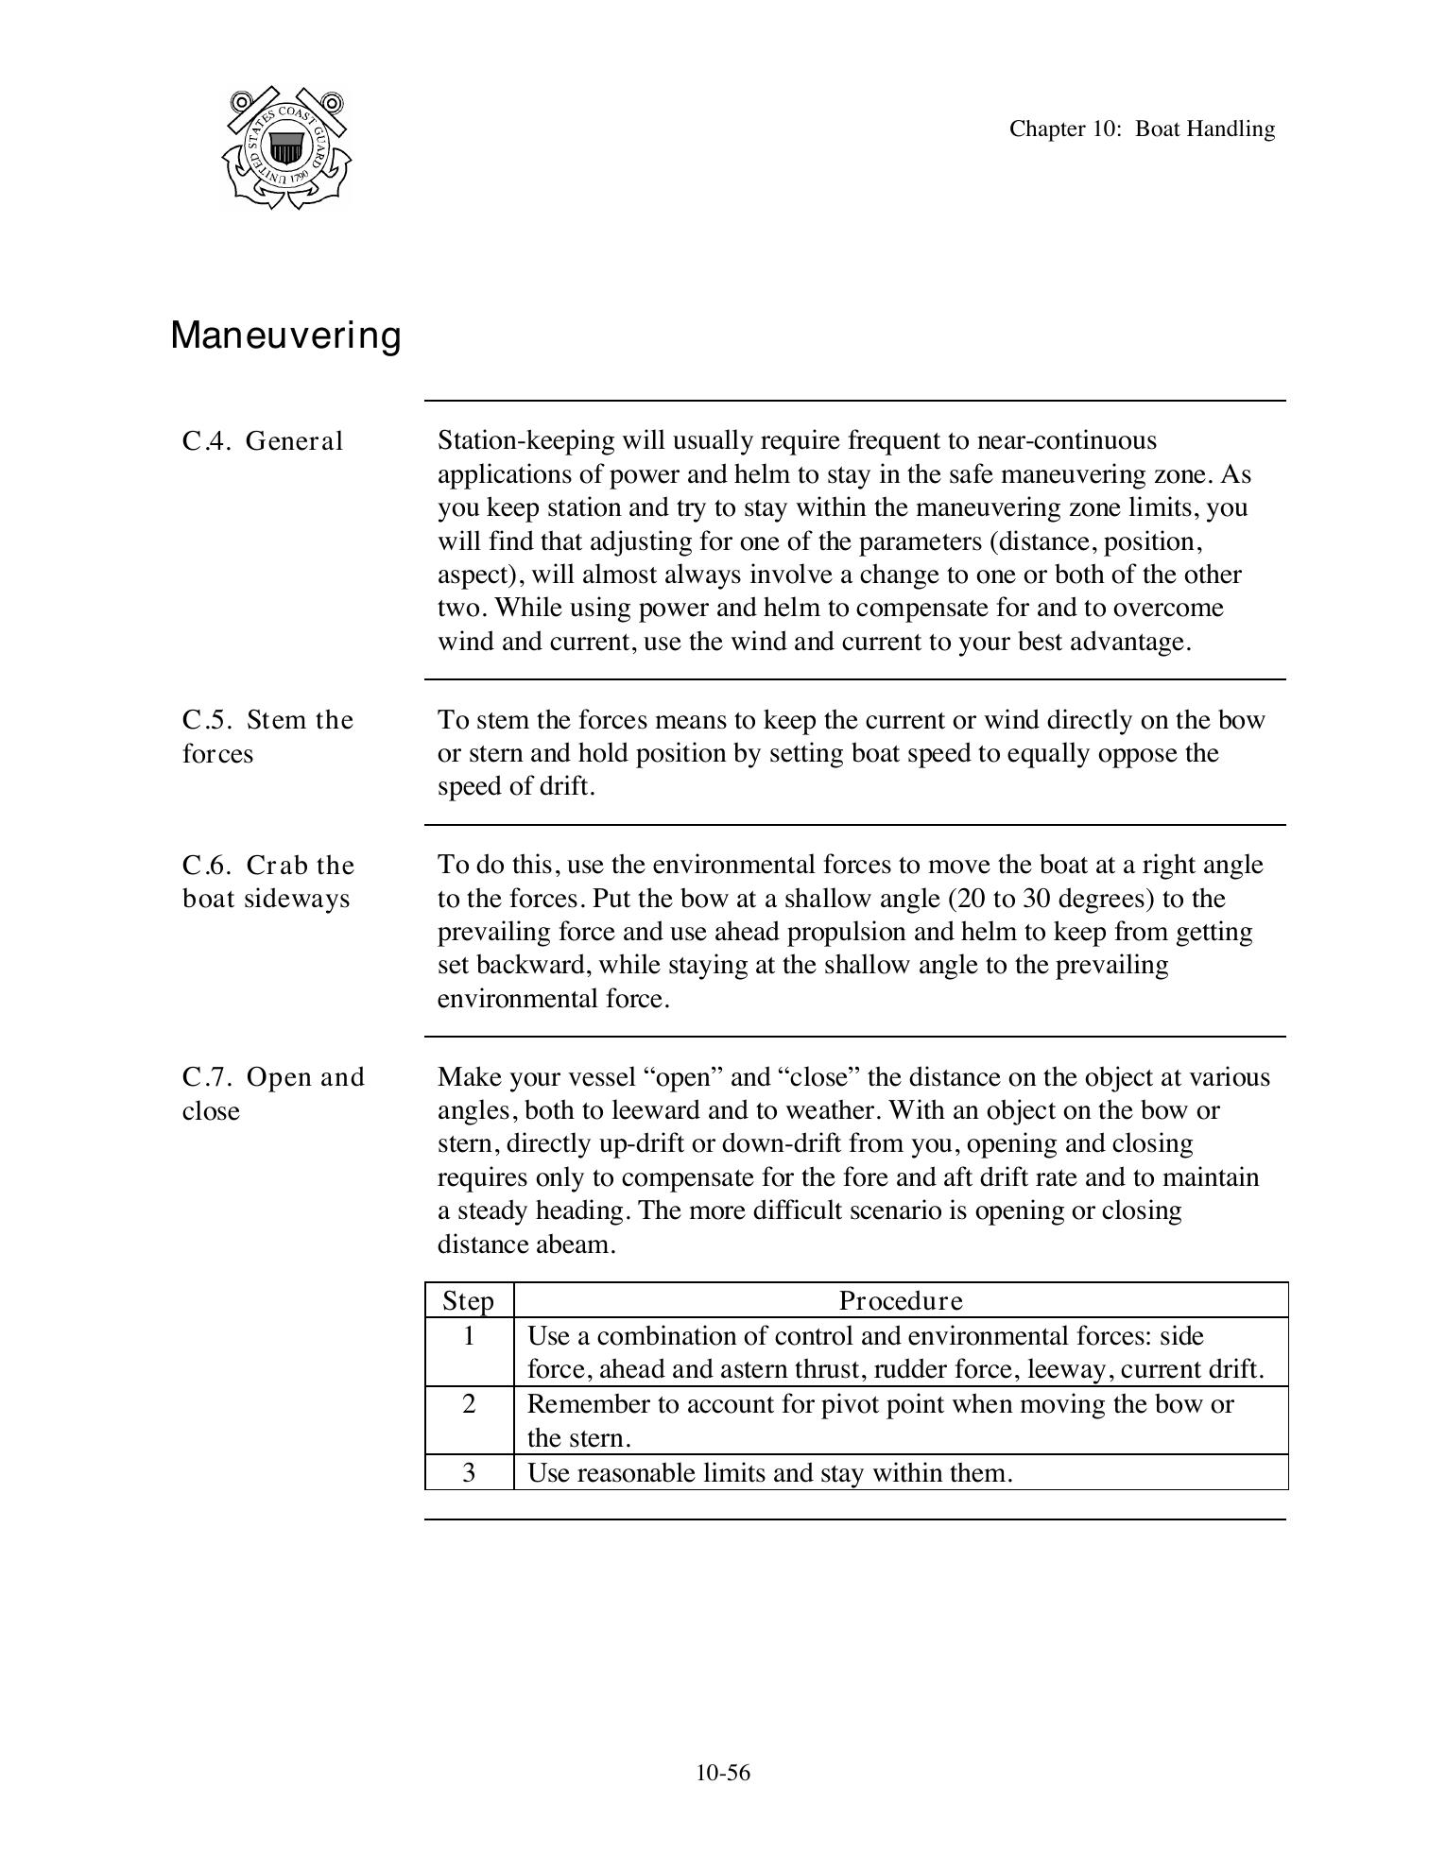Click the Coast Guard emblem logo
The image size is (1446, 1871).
click(x=285, y=148)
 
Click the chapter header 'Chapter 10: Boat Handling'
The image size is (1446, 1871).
click(x=1141, y=129)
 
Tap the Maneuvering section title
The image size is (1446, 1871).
click(x=285, y=335)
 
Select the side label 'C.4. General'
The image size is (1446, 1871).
click(x=262, y=441)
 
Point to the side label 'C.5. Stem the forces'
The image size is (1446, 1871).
click(x=267, y=736)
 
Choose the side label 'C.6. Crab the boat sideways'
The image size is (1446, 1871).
click(x=267, y=882)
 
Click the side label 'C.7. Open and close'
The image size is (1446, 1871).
click(x=272, y=1093)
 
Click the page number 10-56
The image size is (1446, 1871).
click(x=723, y=1773)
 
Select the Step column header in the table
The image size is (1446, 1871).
click(x=469, y=1301)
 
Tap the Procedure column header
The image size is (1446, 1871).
click(x=901, y=1301)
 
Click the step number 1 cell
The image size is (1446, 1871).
click(x=469, y=1336)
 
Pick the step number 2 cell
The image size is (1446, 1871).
click(x=469, y=1404)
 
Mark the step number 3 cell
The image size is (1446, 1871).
click(x=469, y=1472)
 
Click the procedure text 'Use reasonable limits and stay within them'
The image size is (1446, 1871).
click(x=768, y=1473)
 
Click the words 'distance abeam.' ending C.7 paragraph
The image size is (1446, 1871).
click(x=525, y=1244)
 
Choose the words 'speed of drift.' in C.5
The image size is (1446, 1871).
click(x=516, y=787)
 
